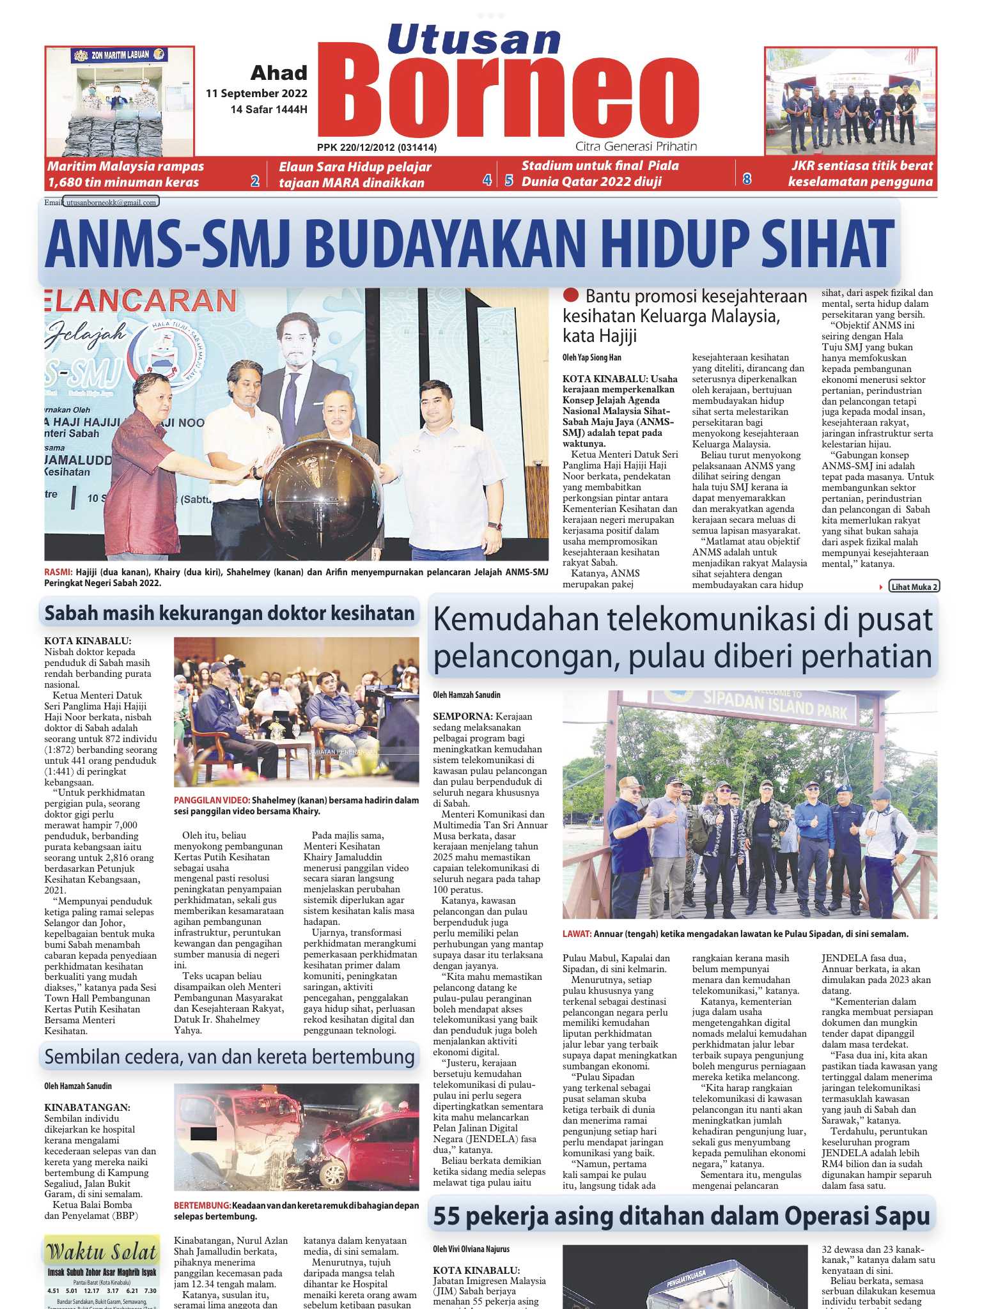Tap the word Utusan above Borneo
coord(474,40)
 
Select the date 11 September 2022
coord(256,93)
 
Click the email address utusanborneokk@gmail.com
coord(111,202)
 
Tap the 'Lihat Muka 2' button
coord(914,587)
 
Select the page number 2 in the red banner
coord(254,181)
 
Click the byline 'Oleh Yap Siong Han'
coord(591,357)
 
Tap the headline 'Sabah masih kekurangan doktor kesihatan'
coord(230,614)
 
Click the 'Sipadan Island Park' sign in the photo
coord(775,708)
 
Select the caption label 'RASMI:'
coord(58,572)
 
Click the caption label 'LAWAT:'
coord(577,934)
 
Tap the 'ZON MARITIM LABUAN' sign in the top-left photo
coord(120,55)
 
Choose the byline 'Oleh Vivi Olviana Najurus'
coord(471,1249)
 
